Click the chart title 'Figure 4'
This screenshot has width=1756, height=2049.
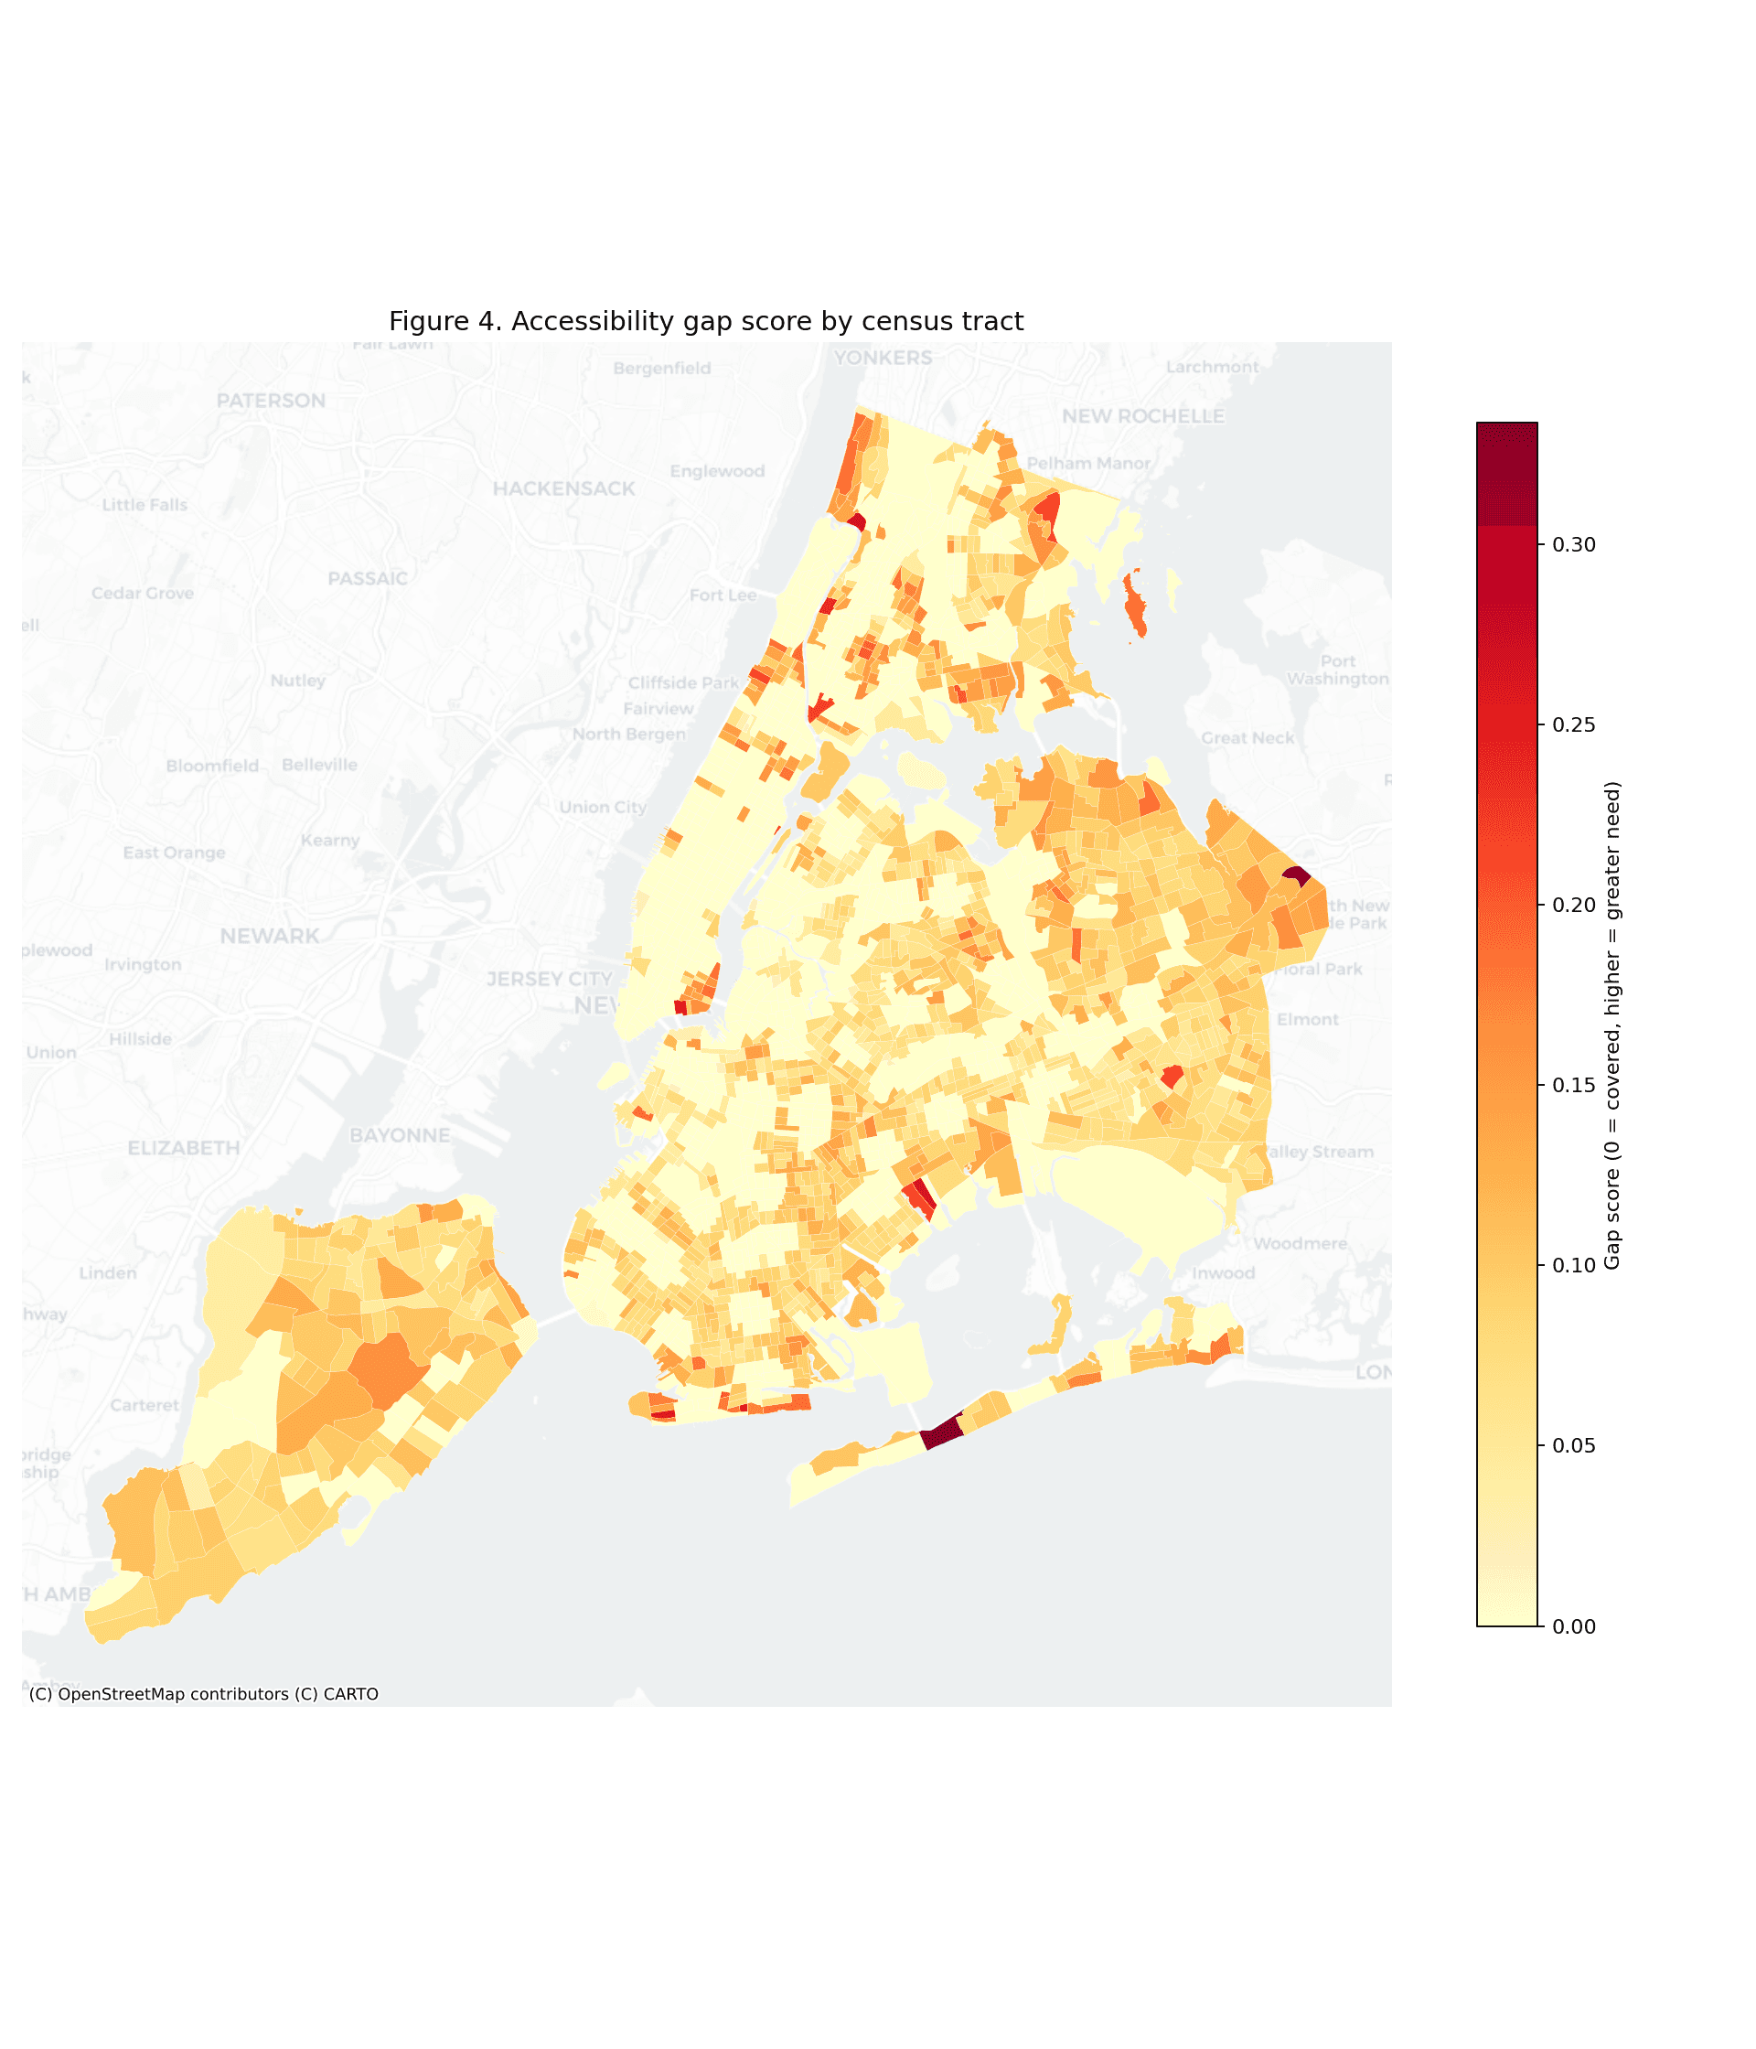pyautogui.click(x=705, y=321)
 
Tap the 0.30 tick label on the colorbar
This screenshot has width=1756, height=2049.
pyautogui.click(x=1573, y=545)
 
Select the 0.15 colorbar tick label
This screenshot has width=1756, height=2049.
pyautogui.click(x=1573, y=1085)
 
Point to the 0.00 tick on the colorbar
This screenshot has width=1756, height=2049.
pyautogui.click(x=1573, y=1626)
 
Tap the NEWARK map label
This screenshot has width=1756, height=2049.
pyautogui.click(x=269, y=936)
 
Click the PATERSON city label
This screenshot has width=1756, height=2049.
pyautogui.click(x=271, y=401)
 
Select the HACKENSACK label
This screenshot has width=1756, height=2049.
pyautogui.click(x=563, y=488)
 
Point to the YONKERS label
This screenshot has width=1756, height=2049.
pyautogui.click(x=882, y=358)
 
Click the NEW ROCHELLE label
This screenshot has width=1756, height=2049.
pyautogui.click(x=1142, y=416)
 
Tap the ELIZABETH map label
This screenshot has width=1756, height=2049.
pyautogui.click(x=184, y=1148)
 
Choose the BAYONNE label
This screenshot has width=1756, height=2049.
pyautogui.click(x=400, y=1135)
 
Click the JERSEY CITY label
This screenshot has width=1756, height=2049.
pyautogui.click(x=549, y=979)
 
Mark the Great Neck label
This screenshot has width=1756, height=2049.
pyautogui.click(x=1247, y=737)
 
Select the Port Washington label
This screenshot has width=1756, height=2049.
pyautogui.click(x=1337, y=670)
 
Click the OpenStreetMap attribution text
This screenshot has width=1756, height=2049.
pyautogui.click(x=204, y=1694)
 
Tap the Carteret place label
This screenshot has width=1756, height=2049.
pyautogui.click(x=145, y=1405)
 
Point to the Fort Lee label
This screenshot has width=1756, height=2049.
pyautogui.click(x=722, y=595)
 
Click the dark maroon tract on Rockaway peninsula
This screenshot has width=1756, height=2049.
pyautogui.click(x=942, y=1432)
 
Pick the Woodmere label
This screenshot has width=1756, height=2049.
pyautogui.click(x=1300, y=1243)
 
